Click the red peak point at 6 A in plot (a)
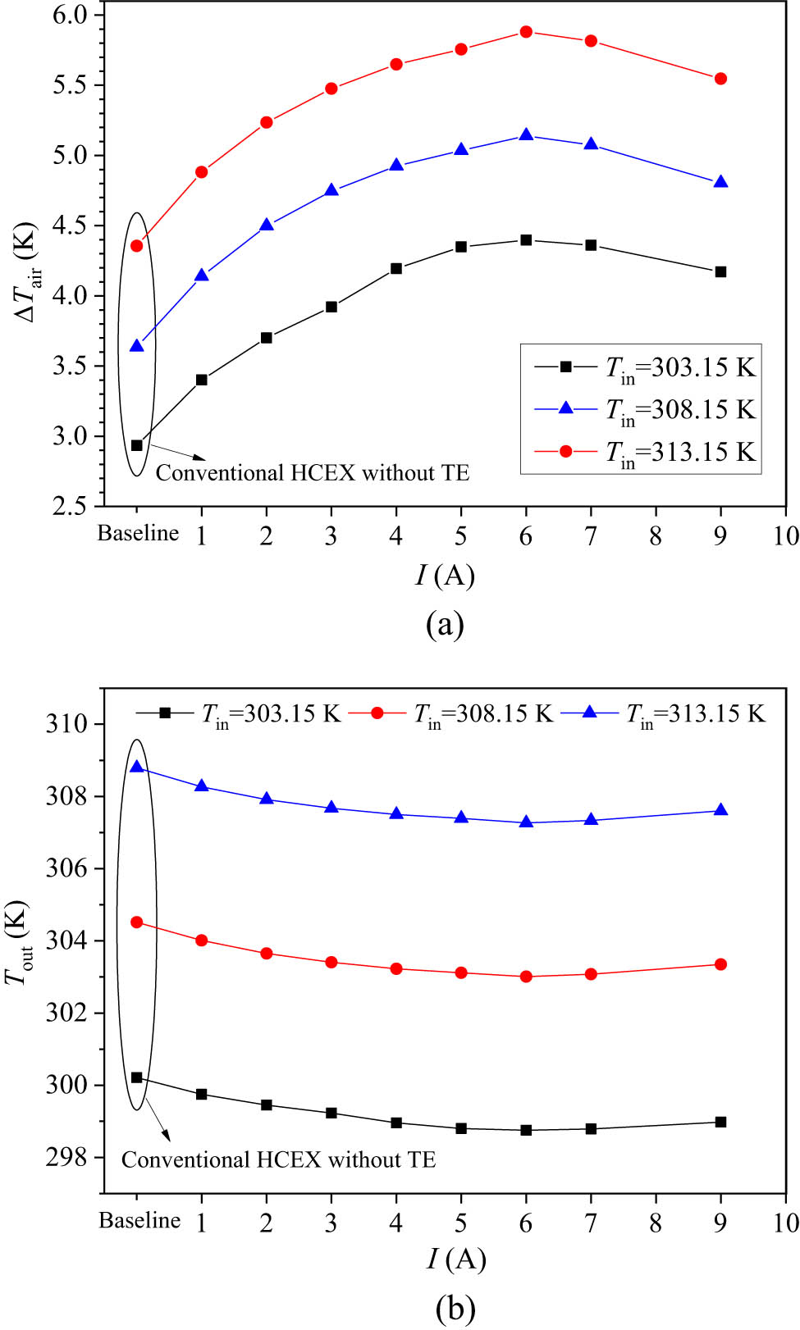pyautogui.click(x=526, y=32)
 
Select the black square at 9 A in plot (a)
pyautogui.click(x=720, y=271)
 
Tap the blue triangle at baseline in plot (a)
pyautogui.click(x=137, y=346)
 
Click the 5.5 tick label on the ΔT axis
pyautogui.click(x=71, y=85)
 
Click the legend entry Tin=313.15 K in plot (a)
pyautogui.click(x=679, y=453)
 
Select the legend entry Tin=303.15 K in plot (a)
pyautogui.click(x=679, y=367)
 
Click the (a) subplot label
pyautogui.click(x=445, y=625)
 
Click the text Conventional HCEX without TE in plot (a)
pyautogui.click(x=312, y=473)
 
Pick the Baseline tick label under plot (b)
pyautogui.click(x=139, y=1220)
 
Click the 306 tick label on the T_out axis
pyautogui.click(x=66, y=868)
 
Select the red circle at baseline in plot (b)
pyautogui.click(x=137, y=922)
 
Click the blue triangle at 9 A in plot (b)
pyautogui.click(x=720, y=810)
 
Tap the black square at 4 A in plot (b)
pyautogui.click(x=396, y=1123)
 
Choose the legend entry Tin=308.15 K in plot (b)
pyautogui.click(x=482, y=713)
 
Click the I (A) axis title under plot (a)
pyautogui.click(x=445, y=576)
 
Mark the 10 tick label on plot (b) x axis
pyautogui.click(x=785, y=1223)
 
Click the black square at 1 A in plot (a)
pyautogui.click(x=202, y=380)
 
